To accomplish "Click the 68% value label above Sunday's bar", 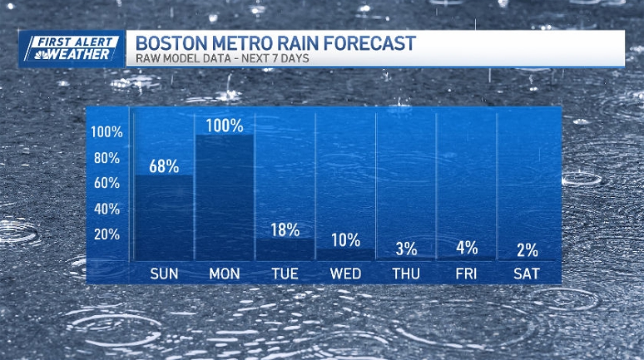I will tap(164, 165).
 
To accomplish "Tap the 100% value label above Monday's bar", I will tap(225, 126).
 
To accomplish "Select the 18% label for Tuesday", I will tap(285, 229).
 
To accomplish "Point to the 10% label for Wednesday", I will tap(345, 239).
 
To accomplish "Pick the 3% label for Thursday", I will tap(406, 248).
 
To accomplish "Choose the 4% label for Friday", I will tap(467, 247).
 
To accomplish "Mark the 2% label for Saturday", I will tap(528, 249).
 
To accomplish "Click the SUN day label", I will tap(164, 274).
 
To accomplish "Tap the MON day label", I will tap(225, 274).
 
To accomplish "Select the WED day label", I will tap(345, 274).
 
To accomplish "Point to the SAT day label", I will tap(528, 274).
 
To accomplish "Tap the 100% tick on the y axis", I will tap(107, 132).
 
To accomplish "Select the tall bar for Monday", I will tap(225, 196).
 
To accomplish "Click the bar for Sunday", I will tap(164, 216).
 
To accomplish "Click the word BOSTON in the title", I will tap(166, 42).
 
